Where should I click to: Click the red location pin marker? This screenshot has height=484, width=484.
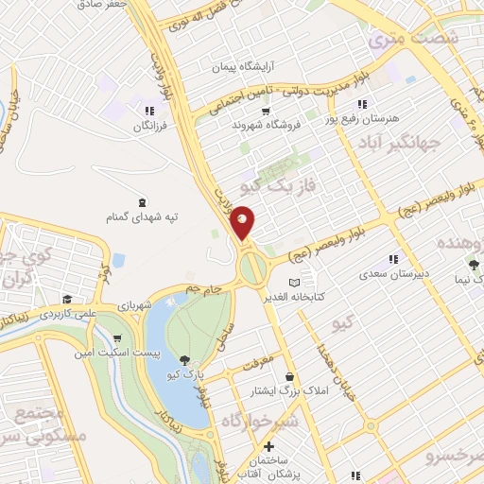click(243, 222)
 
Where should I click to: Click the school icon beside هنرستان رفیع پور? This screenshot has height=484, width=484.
click(360, 104)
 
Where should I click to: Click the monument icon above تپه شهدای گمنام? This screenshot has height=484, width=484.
click(143, 202)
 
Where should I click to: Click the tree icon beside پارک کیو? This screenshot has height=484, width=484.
click(183, 359)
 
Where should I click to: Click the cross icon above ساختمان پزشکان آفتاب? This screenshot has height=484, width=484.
click(269, 446)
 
